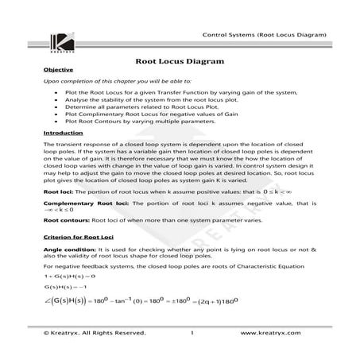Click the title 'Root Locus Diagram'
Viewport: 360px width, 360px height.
click(179, 61)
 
